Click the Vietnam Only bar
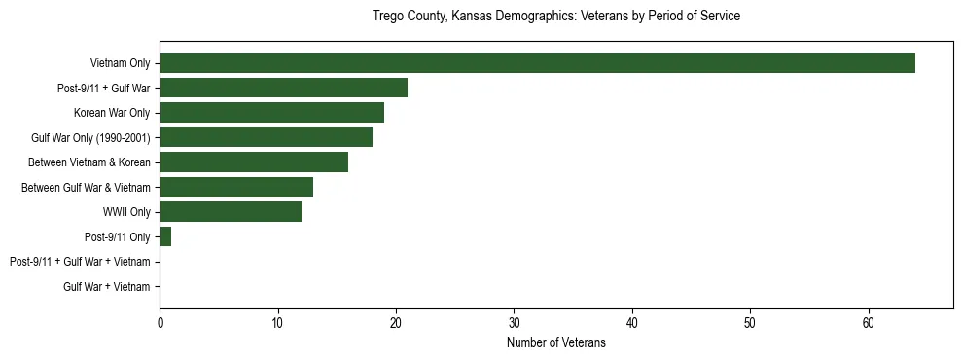coord(537,63)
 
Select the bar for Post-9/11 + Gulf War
coord(283,89)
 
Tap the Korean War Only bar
coord(271,113)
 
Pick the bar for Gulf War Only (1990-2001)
coord(266,137)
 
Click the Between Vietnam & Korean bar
coord(254,162)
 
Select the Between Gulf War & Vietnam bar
coord(236,187)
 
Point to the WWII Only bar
coord(231,212)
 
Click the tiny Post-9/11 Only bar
coord(165,236)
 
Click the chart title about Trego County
coord(556,17)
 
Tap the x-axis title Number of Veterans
coord(556,342)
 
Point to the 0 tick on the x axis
coord(160,322)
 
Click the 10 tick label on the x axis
coord(278,322)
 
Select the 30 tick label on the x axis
coord(514,322)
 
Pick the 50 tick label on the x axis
coord(750,322)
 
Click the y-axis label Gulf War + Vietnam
coord(107,286)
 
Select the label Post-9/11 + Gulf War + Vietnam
coord(80,262)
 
